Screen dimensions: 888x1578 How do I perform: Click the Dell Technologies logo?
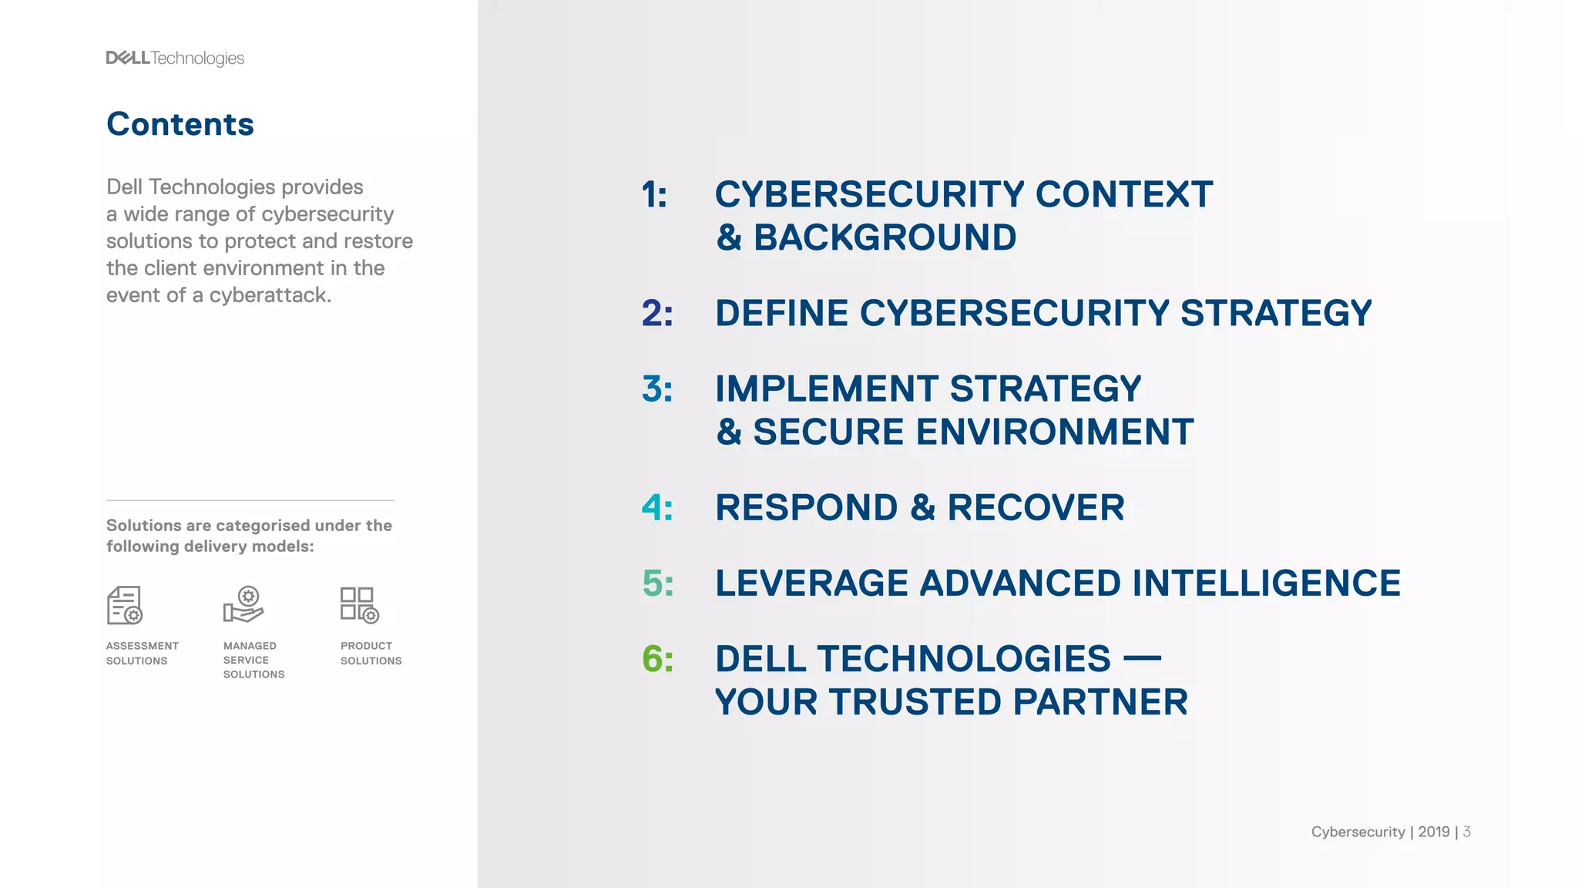(x=175, y=59)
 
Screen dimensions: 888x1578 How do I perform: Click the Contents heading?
(x=180, y=124)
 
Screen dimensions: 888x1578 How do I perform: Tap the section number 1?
(x=655, y=194)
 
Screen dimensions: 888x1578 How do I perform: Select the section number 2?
(x=657, y=313)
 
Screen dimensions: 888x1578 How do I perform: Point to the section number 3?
(x=657, y=388)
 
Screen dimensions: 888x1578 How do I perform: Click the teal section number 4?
(x=657, y=507)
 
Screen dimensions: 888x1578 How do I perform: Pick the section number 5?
(x=658, y=583)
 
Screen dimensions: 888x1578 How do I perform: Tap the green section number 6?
(x=658, y=658)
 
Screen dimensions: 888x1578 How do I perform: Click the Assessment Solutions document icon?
(x=124, y=605)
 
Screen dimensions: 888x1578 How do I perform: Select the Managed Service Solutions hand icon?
(x=243, y=605)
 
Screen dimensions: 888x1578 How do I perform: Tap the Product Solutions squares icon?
(x=360, y=605)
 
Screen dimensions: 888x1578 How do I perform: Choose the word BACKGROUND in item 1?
(x=885, y=237)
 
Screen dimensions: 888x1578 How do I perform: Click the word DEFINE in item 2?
(x=782, y=313)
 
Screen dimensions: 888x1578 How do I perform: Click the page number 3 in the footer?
(x=1467, y=832)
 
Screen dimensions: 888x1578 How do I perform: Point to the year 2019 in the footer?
(x=1434, y=832)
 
